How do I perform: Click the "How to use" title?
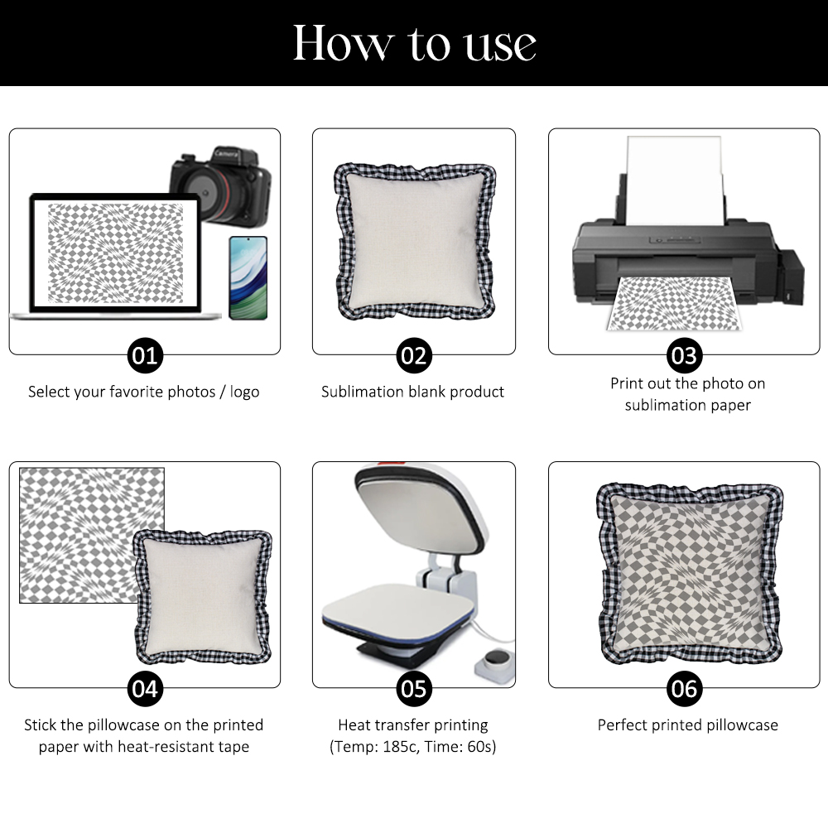415,43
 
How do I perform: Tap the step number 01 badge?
145,355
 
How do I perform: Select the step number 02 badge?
414,355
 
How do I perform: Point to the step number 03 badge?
685,355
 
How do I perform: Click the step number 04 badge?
145,689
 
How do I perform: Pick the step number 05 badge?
414,689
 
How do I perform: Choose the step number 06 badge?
685,689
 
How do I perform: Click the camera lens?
207,191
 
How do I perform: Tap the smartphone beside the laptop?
248,277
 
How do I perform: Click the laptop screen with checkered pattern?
116,253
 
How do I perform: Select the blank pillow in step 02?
416,241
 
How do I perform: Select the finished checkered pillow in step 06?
689,574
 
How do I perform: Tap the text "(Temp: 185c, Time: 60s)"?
413,747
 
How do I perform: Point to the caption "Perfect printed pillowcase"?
687,725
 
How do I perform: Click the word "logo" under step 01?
244,392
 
